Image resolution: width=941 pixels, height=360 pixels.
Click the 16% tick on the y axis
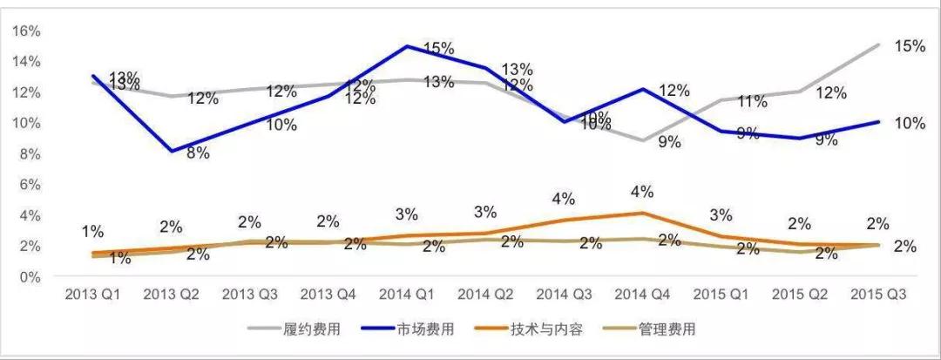coord(26,31)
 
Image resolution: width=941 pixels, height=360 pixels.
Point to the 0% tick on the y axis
coord(30,276)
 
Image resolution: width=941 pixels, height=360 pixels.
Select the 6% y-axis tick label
coord(30,184)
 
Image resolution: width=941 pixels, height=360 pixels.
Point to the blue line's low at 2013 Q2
coord(171,152)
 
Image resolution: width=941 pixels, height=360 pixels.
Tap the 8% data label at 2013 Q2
coord(198,153)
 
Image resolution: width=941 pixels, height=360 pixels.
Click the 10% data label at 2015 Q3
coord(909,123)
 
